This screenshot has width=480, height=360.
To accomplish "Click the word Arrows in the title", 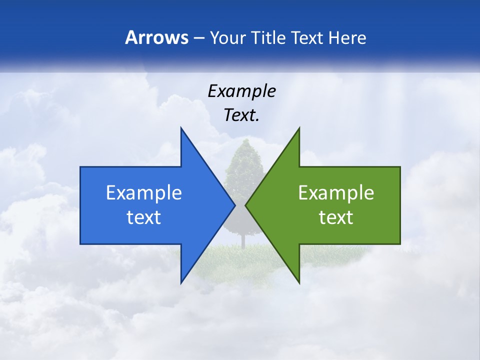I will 156,38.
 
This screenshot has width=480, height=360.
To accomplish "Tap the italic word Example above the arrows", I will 241,91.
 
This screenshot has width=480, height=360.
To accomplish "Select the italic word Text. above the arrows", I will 241,115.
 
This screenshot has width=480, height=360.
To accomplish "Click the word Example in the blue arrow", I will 143,193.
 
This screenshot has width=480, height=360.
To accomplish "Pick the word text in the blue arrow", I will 143,217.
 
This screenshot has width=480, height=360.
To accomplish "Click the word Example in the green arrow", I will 336,193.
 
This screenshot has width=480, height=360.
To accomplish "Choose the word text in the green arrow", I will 336,217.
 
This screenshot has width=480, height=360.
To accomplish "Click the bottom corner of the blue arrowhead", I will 181,282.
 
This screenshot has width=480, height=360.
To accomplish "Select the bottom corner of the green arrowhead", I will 299,282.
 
